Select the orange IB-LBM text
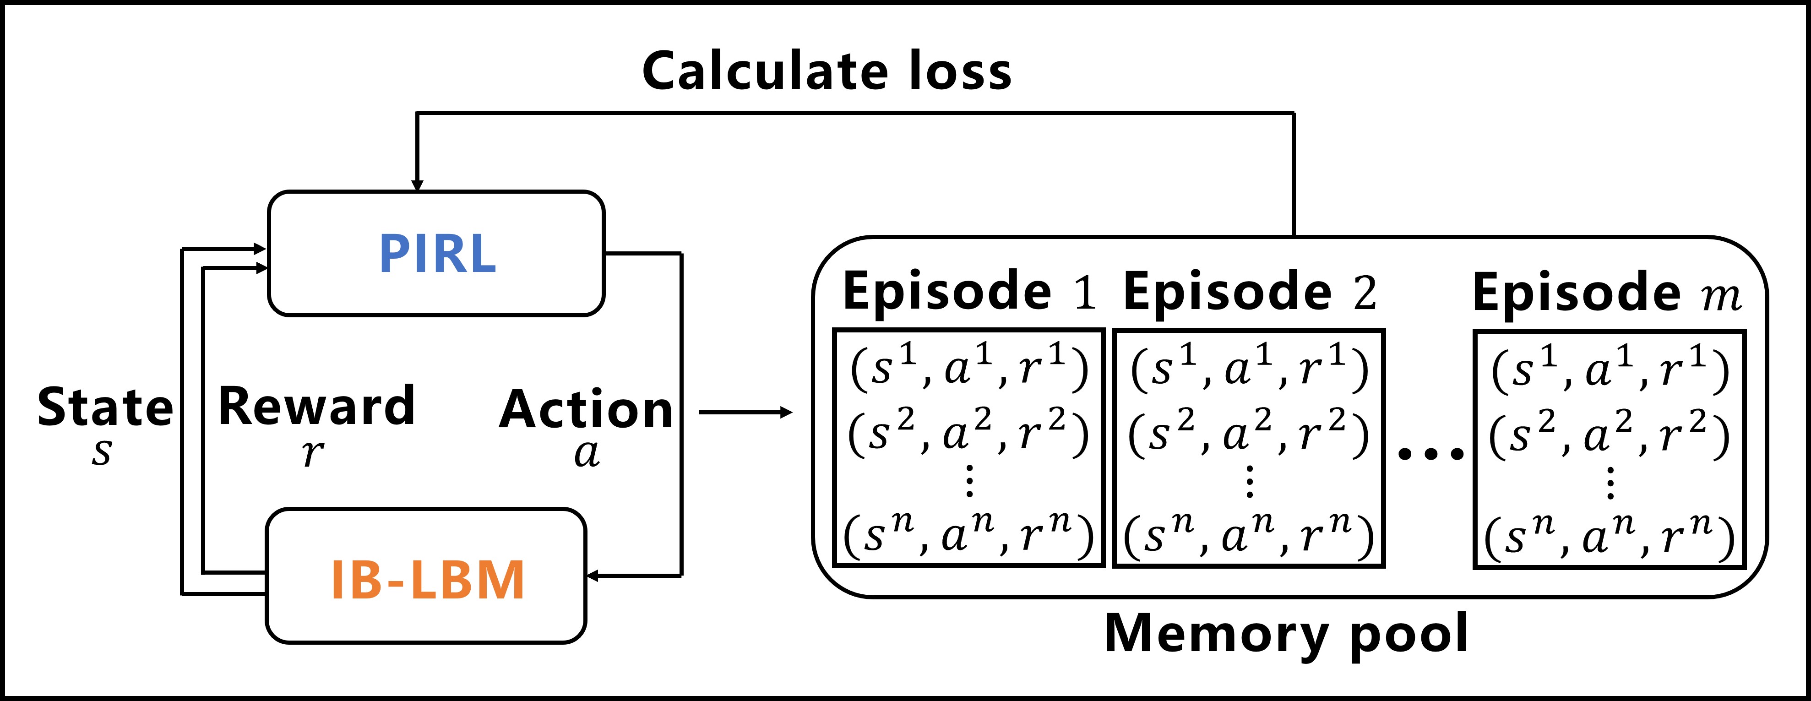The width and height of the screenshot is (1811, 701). point(427,580)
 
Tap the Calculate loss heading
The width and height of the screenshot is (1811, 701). point(827,72)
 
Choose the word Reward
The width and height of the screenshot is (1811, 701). point(316,407)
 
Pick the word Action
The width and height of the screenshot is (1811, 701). point(586,409)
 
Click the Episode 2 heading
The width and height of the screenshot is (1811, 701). point(1249,291)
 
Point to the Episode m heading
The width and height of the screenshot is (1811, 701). point(1606,293)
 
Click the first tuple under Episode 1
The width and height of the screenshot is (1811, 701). point(969,369)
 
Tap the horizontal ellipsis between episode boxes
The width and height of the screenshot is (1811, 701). point(1430,453)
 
